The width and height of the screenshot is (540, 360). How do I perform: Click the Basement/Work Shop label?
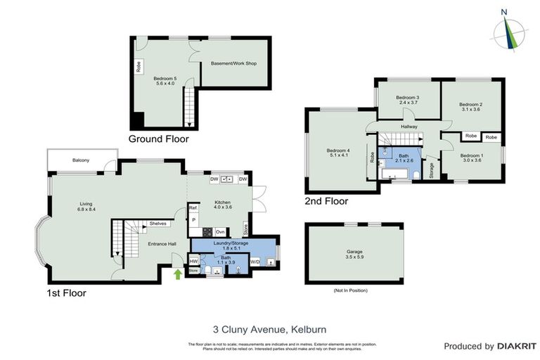coord(233,63)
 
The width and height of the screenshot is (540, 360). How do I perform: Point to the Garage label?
coord(354,251)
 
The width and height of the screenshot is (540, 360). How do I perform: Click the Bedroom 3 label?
coord(407,100)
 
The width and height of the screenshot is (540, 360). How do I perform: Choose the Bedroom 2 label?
coord(471,106)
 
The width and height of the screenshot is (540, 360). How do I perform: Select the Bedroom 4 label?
coord(337,153)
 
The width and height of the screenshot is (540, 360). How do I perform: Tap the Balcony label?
coord(81,160)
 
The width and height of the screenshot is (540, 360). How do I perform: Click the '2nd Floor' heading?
coord(326,201)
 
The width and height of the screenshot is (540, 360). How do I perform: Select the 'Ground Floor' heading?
coord(158,139)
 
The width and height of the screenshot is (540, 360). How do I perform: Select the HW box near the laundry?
coord(193,261)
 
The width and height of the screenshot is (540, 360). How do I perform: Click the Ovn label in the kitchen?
coord(219,231)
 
